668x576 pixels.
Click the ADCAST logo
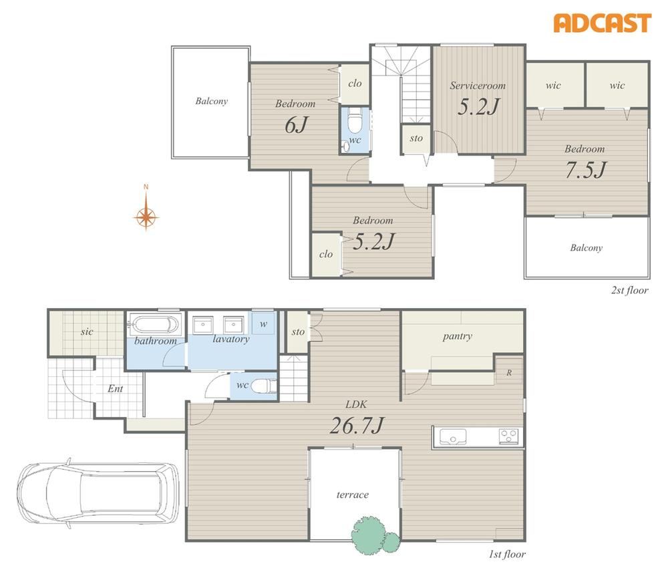(x=603, y=23)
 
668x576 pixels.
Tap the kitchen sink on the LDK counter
(x=453, y=437)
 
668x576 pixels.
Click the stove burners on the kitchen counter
(x=508, y=437)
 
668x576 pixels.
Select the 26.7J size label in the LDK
(x=357, y=425)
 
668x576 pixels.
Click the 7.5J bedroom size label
(x=585, y=170)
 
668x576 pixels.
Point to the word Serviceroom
(x=478, y=86)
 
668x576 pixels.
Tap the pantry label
(x=457, y=336)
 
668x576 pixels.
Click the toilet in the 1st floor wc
(x=262, y=386)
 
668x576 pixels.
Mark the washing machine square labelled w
(x=263, y=323)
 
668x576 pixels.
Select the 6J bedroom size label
(x=296, y=124)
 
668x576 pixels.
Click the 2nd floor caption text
(x=630, y=291)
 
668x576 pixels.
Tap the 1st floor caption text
(x=507, y=554)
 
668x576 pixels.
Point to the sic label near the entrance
(x=87, y=331)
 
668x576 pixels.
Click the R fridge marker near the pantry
(x=508, y=373)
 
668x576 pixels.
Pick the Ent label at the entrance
(x=115, y=388)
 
